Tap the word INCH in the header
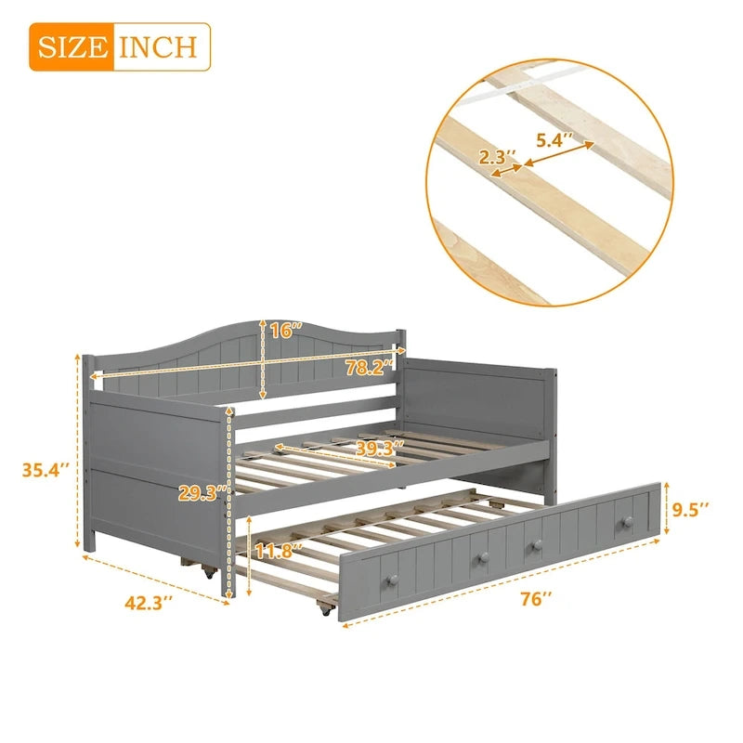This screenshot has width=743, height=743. tap(157, 46)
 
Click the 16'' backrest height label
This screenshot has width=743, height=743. tap(287, 331)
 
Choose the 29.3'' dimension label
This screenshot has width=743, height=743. tap(199, 493)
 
